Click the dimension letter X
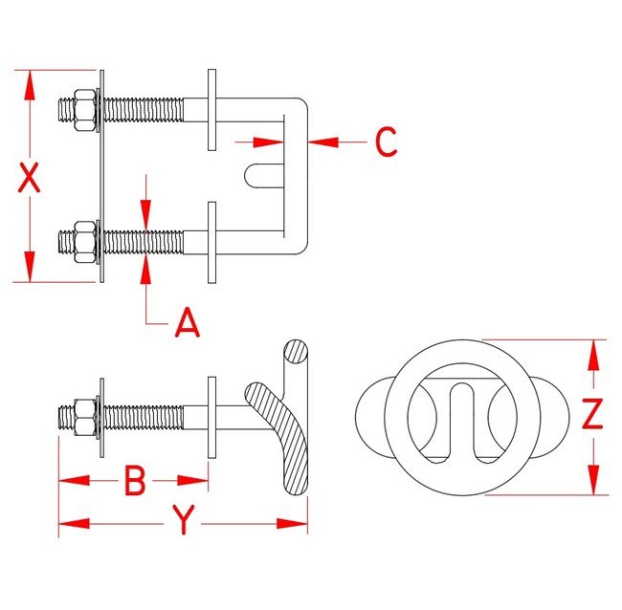(x=31, y=178)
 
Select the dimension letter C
(x=385, y=142)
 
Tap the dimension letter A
(x=188, y=324)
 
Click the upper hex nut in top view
(x=81, y=108)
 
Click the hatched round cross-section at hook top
(x=296, y=355)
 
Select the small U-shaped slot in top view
(x=264, y=174)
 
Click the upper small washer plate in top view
(x=213, y=109)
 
